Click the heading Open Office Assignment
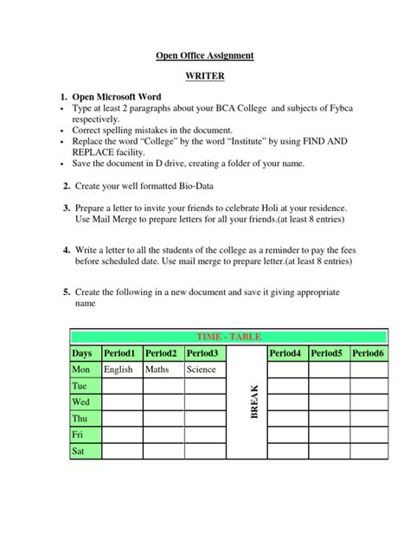pyautogui.click(x=205, y=56)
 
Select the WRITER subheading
pyautogui.click(x=205, y=77)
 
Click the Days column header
pyautogui.click(x=82, y=353)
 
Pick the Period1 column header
pyautogui.click(x=119, y=353)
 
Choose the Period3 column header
pyautogui.click(x=202, y=353)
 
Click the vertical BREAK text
pyautogui.click(x=255, y=402)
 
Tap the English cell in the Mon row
pyautogui.click(x=119, y=370)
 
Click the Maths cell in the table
pyautogui.click(x=157, y=370)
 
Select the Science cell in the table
pyautogui.click(x=202, y=370)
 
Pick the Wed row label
pyautogui.click(x=81, y=402)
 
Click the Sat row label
pyautogui.click(x=79, y=451)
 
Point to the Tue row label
pyautogui.click(x=80, y=386)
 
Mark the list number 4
pyautogui.click(x=66, y=248)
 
